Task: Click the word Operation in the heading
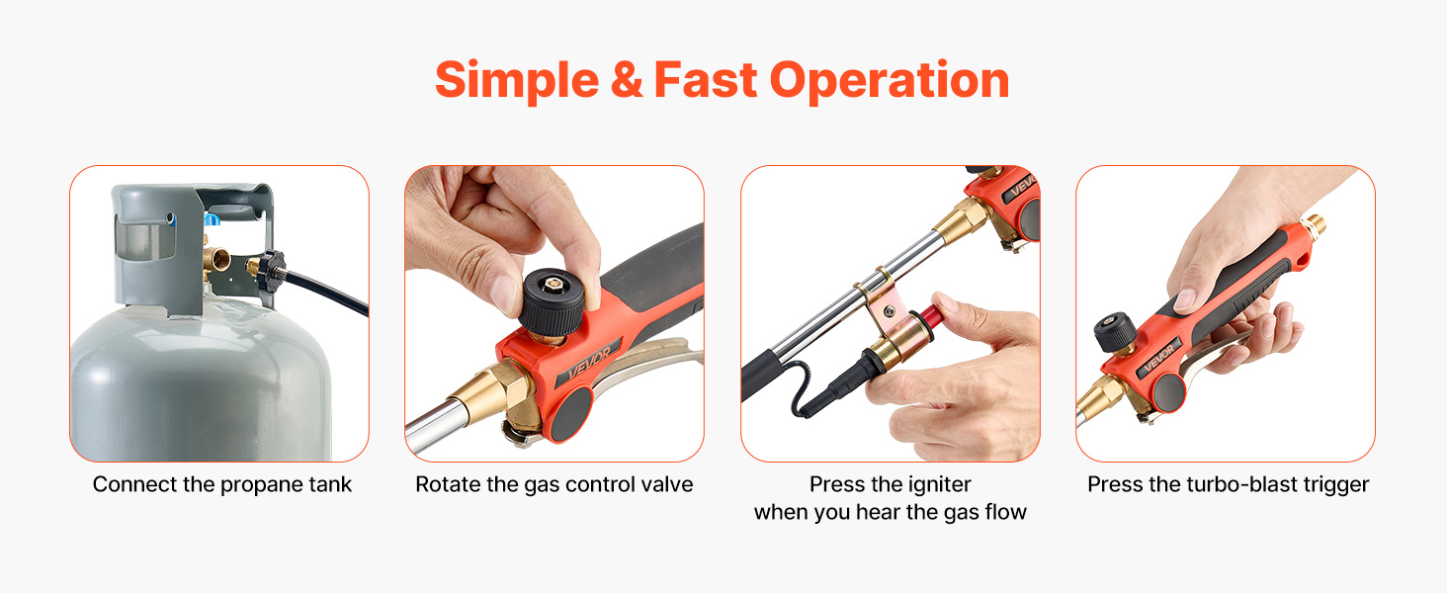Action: click(890, 81)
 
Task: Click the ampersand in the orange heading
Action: click(627, 80)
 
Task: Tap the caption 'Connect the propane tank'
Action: click(221, 484)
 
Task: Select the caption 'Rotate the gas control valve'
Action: click(554, 484)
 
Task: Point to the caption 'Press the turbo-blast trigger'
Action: click(1228, 484)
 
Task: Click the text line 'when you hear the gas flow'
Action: click(891, 512)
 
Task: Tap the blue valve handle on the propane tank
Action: click(213, 219)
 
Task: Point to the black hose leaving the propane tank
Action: click(326, 293)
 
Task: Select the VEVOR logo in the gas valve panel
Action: click(589, 364)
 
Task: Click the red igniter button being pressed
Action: click(931, 316)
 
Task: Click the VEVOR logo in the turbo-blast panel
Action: click(1159, 357)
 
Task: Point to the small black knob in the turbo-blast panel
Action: click(1115, 332)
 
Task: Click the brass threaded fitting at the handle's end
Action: click(1314, 226)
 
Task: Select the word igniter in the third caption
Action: click(939, 484)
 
